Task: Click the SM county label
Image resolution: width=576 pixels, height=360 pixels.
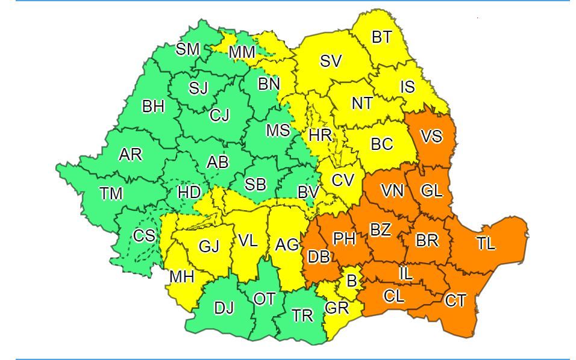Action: click(187, 49)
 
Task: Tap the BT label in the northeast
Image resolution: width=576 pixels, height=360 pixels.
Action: click(381, 37)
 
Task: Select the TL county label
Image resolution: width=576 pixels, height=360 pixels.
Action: click(486, 244)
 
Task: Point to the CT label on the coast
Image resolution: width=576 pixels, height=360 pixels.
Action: click(455, 300)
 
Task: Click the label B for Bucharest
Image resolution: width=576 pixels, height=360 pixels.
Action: click(351, 281)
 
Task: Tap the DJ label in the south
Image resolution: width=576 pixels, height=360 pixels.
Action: click(224, 309)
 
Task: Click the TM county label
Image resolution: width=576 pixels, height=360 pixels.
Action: click(111, 193)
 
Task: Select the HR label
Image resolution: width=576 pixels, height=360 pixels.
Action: click(320, 135)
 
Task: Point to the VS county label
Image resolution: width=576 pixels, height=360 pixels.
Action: click(431, 137)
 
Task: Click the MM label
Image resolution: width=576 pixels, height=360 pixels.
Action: click(242, 53)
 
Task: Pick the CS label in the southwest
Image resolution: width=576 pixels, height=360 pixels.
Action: click(144, 235)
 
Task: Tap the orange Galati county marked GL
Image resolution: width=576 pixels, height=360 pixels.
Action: click(431, 191)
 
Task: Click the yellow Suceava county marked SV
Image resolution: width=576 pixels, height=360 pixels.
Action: click(331, 61)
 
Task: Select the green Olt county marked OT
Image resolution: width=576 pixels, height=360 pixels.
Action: click(265, 299)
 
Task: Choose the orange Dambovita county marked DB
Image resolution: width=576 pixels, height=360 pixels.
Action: click(318, 257)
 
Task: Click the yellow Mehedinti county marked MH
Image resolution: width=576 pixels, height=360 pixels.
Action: click(182, 277)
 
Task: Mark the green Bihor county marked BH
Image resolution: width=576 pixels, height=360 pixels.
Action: click(153, 107)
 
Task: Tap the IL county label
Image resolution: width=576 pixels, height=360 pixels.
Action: click(406, 273)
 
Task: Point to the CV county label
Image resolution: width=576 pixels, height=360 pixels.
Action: click(342, 179)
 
